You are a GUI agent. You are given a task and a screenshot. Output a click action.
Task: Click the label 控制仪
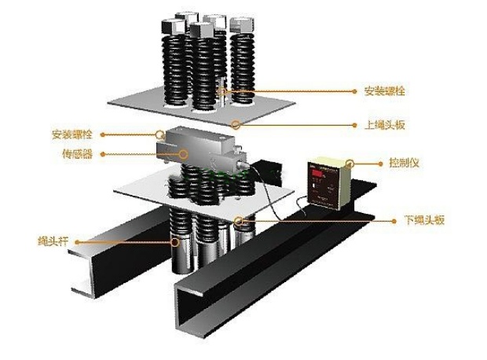point(403,163)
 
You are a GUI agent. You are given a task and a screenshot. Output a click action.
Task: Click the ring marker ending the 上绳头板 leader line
point(236,124)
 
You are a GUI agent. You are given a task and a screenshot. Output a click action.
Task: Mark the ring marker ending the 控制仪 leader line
point(350,164)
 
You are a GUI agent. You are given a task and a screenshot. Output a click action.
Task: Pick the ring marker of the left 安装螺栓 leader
point(160,134)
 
